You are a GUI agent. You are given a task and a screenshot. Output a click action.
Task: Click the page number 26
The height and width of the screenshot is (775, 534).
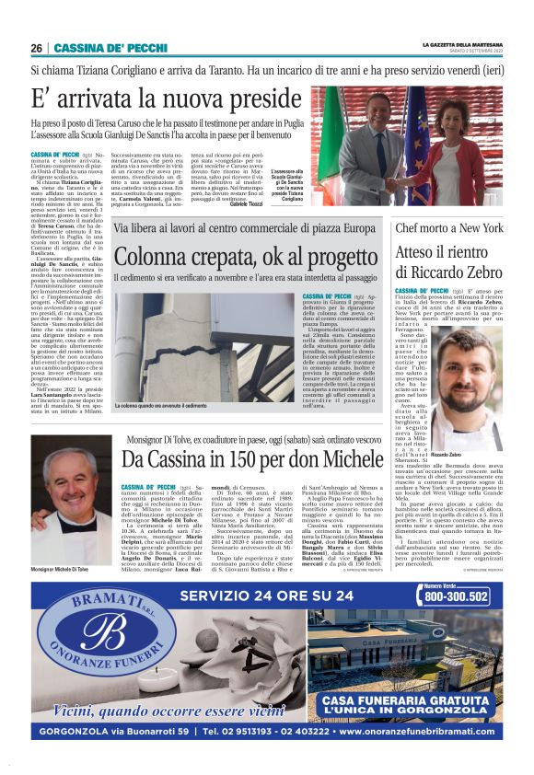pos(36,48)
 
